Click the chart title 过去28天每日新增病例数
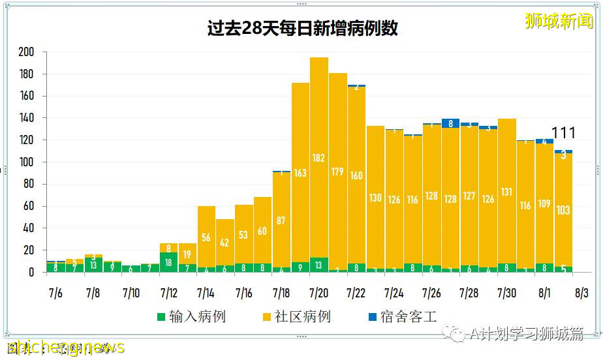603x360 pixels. (301, 29)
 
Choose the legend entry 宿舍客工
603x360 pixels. (403, 317)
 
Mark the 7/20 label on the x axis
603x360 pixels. (319, 293)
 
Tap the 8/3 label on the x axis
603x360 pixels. (581, 293)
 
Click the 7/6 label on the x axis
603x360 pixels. (55, 293)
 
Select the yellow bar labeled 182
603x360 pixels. (319, 157)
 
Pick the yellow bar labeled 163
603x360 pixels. (300, 172)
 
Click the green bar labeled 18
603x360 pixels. (169, 262)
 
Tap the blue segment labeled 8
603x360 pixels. (450, 123)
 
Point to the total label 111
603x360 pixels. (564, 134)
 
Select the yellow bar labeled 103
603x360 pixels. (563, 210)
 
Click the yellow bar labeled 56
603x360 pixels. (206, 238)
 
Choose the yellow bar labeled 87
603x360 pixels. (281, 220)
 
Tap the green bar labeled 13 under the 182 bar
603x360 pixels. (319, 265)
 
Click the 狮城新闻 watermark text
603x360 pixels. (559, 21)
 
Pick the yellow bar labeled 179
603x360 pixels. (338, 171)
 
